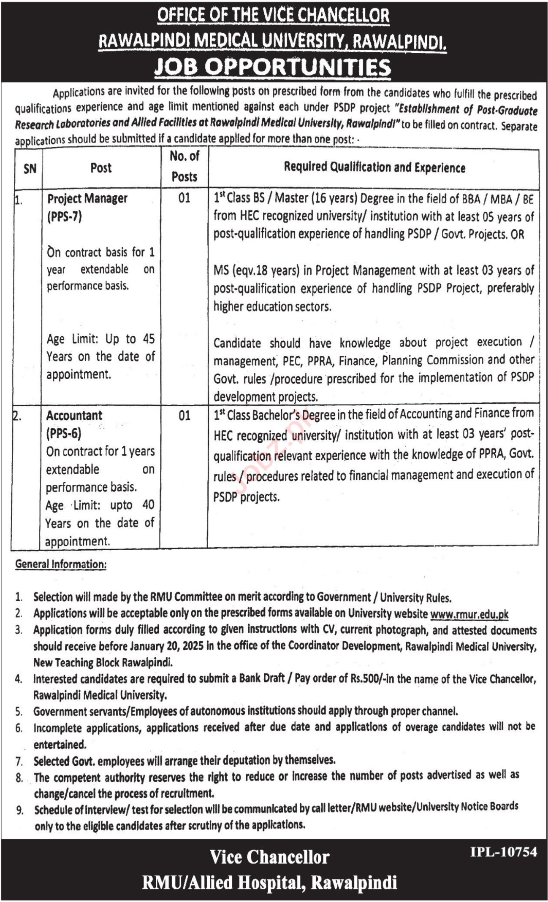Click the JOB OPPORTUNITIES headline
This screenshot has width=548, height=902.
(x=272, y=68)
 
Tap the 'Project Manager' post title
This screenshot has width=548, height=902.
(x=87, y=198)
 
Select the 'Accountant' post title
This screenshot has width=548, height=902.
(x=74, y=416)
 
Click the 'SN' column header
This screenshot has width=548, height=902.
(x=30, y=169)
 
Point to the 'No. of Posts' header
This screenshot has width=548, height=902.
(x=184, y=166)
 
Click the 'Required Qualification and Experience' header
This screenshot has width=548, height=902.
(x=374, y=167)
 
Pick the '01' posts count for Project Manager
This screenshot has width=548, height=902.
(x=184, y=198)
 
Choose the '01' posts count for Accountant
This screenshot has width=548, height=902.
(x=184, y=416)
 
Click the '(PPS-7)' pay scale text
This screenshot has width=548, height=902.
(x=64, y=216)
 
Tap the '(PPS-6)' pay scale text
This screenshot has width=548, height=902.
(x=63, y=433)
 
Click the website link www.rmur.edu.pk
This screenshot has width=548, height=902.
(x=469, y=614)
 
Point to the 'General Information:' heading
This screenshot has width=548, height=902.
(x=61, y=564)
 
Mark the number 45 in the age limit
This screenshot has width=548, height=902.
(x=148, y=339)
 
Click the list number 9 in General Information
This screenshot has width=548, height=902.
(x=19, y=811)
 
